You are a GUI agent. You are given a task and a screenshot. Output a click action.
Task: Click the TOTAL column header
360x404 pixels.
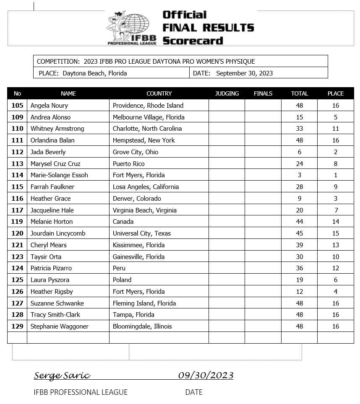click(x=299, y=93)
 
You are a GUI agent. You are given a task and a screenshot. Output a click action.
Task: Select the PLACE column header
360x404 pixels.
click(x=335, y=93)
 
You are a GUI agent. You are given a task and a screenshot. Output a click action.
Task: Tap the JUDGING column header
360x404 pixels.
click(x=227, y=93)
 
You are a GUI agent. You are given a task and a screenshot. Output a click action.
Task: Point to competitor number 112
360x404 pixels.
click(x=17, y=152)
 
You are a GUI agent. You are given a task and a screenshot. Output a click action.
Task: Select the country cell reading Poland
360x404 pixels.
click(x=122, y=280)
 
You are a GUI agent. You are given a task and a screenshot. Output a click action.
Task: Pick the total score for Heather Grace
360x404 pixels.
click(x=299, y=199)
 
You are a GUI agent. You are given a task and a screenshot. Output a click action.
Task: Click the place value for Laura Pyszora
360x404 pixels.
click(x=335, y=280)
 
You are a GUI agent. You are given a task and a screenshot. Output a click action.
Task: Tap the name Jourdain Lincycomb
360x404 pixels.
click(x=58, y=233)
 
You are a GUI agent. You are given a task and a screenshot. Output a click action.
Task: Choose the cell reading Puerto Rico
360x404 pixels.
click(x=127, y=164)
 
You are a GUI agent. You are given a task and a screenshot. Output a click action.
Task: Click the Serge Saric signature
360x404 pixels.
click(x=62, y=375)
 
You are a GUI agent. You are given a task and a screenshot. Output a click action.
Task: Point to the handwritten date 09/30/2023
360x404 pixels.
click(x=206, y=375)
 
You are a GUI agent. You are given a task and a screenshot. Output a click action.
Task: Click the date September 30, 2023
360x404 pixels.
click(x=244, y=73)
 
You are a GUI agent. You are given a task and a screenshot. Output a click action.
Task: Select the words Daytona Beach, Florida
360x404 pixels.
click(x=94, y=73)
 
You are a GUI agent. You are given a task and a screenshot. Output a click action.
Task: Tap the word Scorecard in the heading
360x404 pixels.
click(x=193, y=41)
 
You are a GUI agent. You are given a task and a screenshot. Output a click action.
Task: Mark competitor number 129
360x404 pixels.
click(x=17, y=326)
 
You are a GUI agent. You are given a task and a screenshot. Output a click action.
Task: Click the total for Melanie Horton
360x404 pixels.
click(x=299, y=222)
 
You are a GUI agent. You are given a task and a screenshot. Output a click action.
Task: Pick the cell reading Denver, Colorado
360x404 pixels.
click(x=137, y=199)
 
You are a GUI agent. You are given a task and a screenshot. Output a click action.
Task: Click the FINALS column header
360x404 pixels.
click(x=263, y=93)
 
